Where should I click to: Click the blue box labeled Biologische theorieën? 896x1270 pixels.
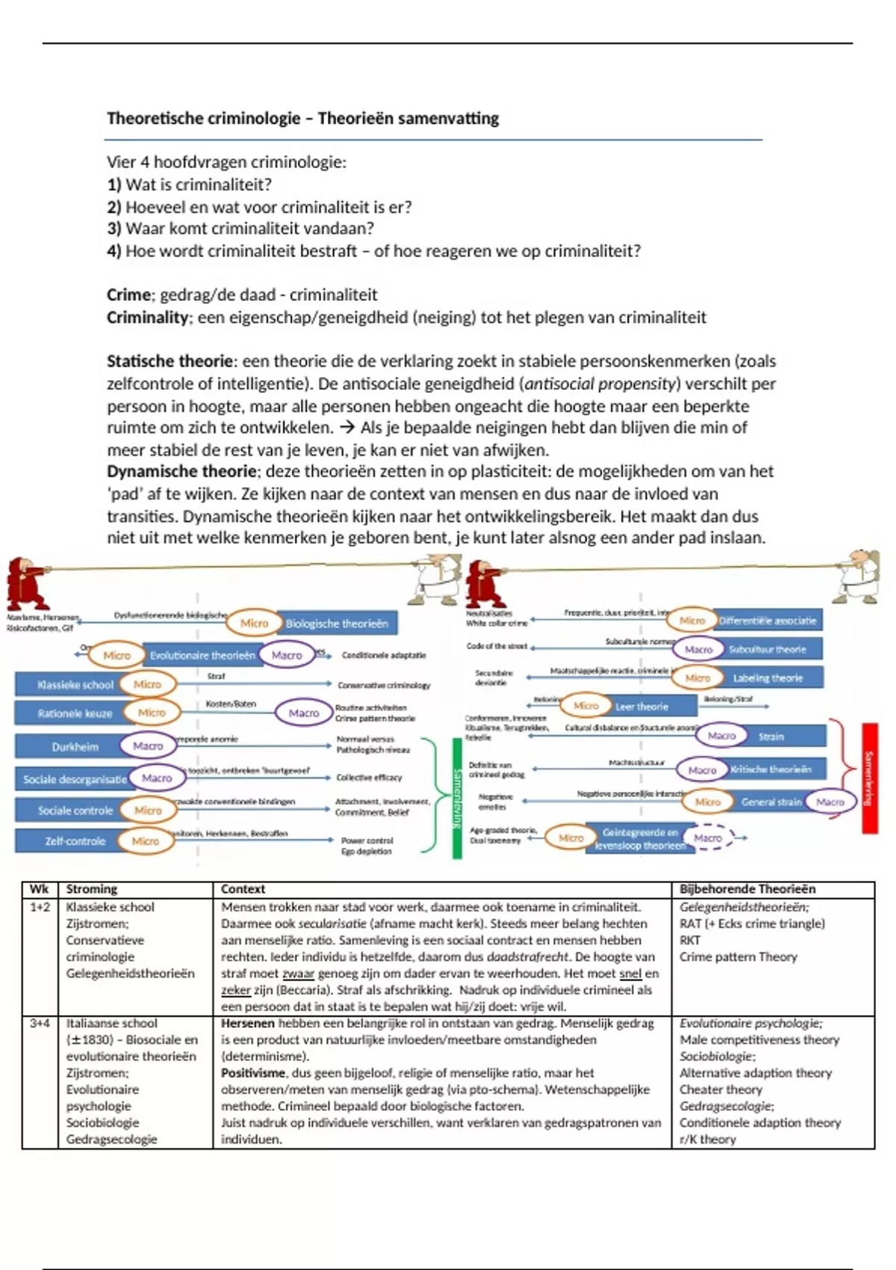tap(337, 623)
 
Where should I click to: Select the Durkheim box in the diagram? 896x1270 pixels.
tap(75, 746)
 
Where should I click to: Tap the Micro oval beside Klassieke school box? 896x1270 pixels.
tap(147, 684)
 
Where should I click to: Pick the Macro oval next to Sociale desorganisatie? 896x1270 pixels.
tap(157, 778)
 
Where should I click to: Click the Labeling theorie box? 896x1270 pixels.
tap(767, 678)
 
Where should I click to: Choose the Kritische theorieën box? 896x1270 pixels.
tap(771, 769)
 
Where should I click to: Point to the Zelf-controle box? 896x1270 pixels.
tap(75, 840)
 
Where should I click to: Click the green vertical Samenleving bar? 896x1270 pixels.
tap(457, 798)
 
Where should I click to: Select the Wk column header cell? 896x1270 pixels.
tap(39, 889)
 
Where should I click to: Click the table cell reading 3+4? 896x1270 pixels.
tap(40, 1023)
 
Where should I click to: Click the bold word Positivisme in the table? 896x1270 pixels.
tap(253, 1073)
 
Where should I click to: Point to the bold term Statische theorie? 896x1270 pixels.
tap(169, 362)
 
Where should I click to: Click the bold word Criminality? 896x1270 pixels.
tap(147, 317)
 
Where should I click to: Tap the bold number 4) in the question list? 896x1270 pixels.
tap(113, 251)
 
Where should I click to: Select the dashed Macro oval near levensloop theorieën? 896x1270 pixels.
tap(708, 837)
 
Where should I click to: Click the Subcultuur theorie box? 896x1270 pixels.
tap(767, 649)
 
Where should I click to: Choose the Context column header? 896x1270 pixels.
tap(243, 889)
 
